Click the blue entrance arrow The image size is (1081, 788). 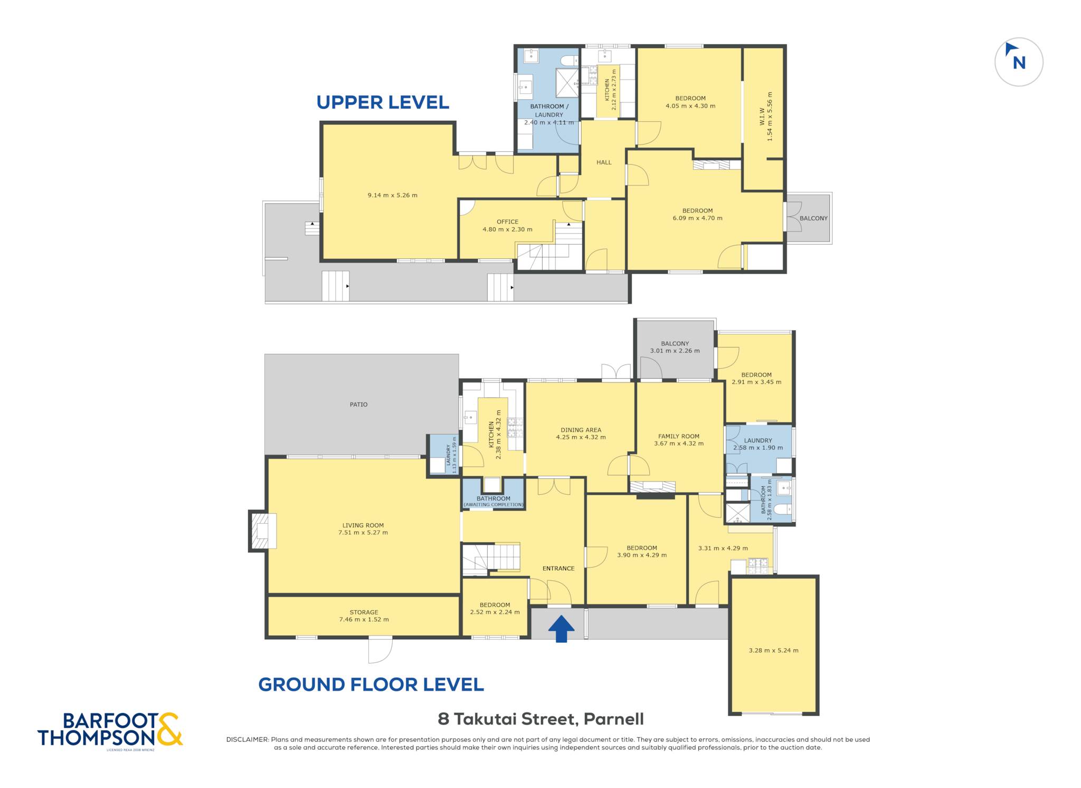[x=561, y=629]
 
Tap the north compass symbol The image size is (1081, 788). [x=1019, y=62]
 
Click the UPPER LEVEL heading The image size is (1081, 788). [x=383, y=102]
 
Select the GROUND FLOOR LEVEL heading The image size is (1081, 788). [x=371, y=685]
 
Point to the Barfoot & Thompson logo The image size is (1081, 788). [x=110, y=731]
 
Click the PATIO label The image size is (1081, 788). [x=358, y=405]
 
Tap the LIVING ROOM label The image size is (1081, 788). [x=363, y=525]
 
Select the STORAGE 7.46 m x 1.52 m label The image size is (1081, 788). [x=364, y=616]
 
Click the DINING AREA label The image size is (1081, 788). [x=581, y=430]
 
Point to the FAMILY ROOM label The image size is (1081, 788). [x=679, y=436]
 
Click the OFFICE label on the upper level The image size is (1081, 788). [x=507, y=222]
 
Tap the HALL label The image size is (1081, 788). [x=604, y=162]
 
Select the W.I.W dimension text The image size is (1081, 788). [x=766, y=117]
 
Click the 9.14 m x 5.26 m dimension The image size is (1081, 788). [x=392, y=195]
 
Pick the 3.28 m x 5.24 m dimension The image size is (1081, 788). [x=773, y=650]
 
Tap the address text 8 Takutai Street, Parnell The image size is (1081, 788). [x=540, y=719]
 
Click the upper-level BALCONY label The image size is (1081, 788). [x=813, y=218]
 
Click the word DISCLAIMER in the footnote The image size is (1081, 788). [x=247, y=739]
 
